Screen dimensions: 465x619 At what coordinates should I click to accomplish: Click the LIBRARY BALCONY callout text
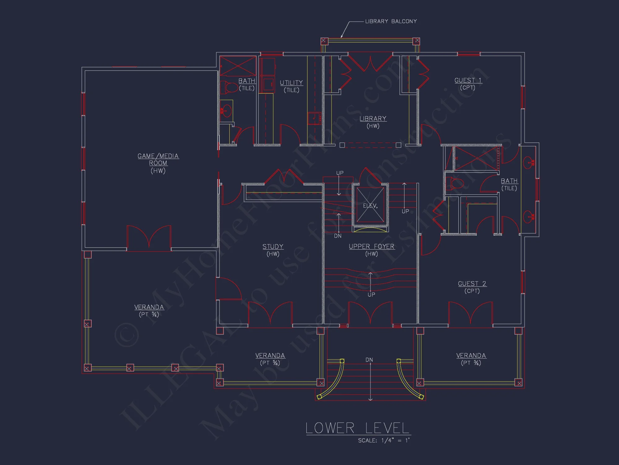point(391,21)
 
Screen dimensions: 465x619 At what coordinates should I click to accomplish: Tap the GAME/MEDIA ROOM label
point(158,159)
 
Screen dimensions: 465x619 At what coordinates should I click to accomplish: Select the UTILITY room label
point(291,83)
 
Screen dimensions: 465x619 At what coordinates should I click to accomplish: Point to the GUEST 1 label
point(468,81)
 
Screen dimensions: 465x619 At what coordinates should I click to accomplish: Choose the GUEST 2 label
point(472,284)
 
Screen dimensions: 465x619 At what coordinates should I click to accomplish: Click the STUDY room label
point(273,247)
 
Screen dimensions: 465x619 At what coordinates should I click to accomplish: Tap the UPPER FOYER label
point(371,247)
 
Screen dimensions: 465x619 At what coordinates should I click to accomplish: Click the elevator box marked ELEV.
point(370,205)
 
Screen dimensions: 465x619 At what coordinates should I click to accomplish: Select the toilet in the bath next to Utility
point(228,87)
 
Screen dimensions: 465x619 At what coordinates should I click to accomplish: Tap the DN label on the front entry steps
point(369,360)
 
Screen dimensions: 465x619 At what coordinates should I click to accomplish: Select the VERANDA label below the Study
point(270,356)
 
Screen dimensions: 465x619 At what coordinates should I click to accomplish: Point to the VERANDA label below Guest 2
point(471,356)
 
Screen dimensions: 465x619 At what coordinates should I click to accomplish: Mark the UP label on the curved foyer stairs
point(371,294)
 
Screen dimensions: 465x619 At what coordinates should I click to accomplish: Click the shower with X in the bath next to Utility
point(238,66)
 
